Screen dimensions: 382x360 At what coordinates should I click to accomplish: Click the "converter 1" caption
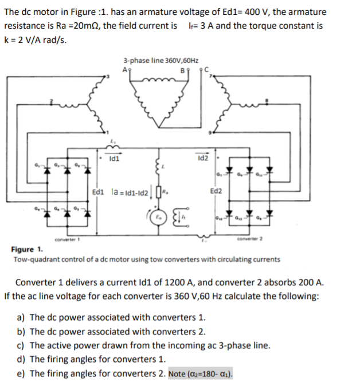(66, 240)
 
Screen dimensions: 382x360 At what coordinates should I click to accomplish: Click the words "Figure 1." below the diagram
(26, 250)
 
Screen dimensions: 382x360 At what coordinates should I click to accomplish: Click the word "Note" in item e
(179, 375)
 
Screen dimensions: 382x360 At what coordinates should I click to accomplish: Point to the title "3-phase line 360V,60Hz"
(161, 60)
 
